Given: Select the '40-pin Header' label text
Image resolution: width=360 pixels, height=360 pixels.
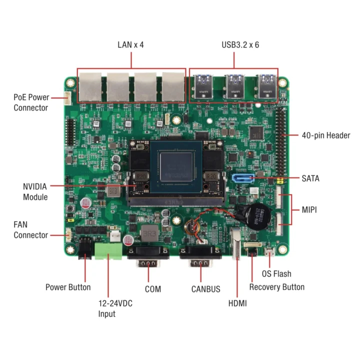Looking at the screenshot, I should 325,135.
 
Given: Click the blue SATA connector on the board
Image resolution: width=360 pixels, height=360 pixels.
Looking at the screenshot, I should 243,178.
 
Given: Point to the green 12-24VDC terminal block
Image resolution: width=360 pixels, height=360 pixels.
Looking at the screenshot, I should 109,251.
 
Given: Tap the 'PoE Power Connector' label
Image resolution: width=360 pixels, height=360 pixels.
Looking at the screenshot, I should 31,102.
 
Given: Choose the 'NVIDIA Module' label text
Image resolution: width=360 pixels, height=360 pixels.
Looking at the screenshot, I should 35,191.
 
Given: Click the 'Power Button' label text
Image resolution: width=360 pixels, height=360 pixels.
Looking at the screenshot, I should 68,287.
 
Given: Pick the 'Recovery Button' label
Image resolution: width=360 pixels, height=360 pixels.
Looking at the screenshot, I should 276,287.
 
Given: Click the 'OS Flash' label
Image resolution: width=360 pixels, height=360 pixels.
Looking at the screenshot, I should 276,274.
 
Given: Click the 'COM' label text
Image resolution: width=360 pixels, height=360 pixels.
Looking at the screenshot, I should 152,289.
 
